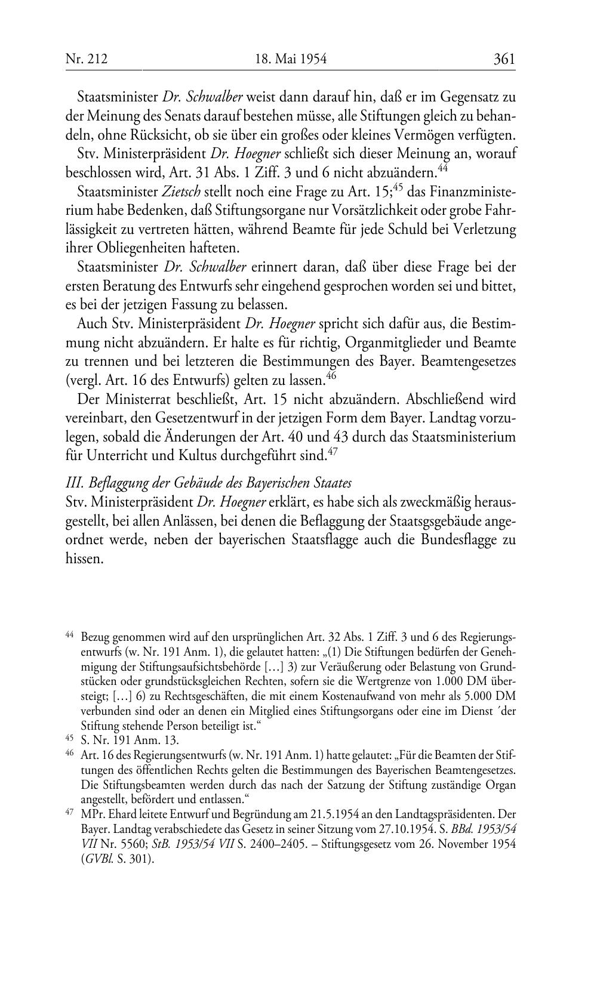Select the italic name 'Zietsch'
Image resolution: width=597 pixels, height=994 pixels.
pos(181,193)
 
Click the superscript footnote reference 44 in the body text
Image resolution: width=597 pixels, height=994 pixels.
pos(442,168)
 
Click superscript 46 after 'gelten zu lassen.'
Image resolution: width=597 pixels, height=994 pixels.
pos(332,375)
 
